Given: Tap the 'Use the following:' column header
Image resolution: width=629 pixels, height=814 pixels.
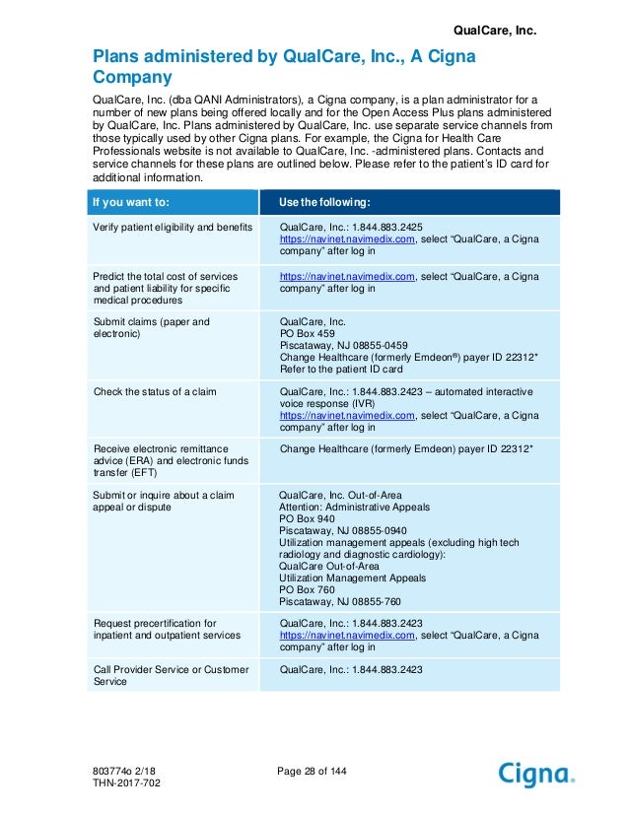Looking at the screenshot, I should click(324, 203).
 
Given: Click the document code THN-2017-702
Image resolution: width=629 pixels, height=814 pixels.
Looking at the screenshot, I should click(123, 782).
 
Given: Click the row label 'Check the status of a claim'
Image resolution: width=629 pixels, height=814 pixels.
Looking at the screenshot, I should click(155, 391).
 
